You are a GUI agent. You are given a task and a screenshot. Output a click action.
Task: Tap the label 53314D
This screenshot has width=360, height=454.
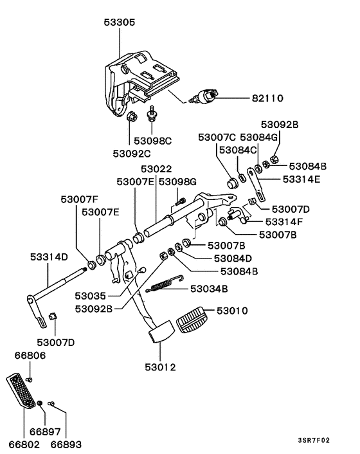(x=48, y=257)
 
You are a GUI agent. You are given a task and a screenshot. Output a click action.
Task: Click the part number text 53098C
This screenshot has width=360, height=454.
(x=153, y=140)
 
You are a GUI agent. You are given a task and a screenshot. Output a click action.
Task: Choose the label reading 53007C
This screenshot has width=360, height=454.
(x=217, y=137)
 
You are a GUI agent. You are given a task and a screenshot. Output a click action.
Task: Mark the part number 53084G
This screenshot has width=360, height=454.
(x=259, y=137)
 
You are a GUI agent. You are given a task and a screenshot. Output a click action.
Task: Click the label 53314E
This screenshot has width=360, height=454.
(x=301, y=179)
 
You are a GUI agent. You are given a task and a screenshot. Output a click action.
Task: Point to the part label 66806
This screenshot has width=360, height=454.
(x=30, y=354)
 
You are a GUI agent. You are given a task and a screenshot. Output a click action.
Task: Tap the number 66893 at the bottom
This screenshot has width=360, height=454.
(x=66, y=444)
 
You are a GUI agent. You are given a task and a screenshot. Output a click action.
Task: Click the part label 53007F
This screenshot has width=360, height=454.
(x=80, y=199)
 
